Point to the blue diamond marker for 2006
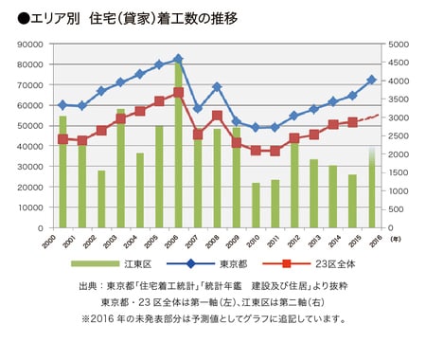point(178,59)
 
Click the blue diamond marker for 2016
point(371,81)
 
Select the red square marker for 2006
point(178,93)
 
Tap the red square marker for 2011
point(275,151)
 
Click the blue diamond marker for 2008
point(217,86)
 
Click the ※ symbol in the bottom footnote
point(86,319)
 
